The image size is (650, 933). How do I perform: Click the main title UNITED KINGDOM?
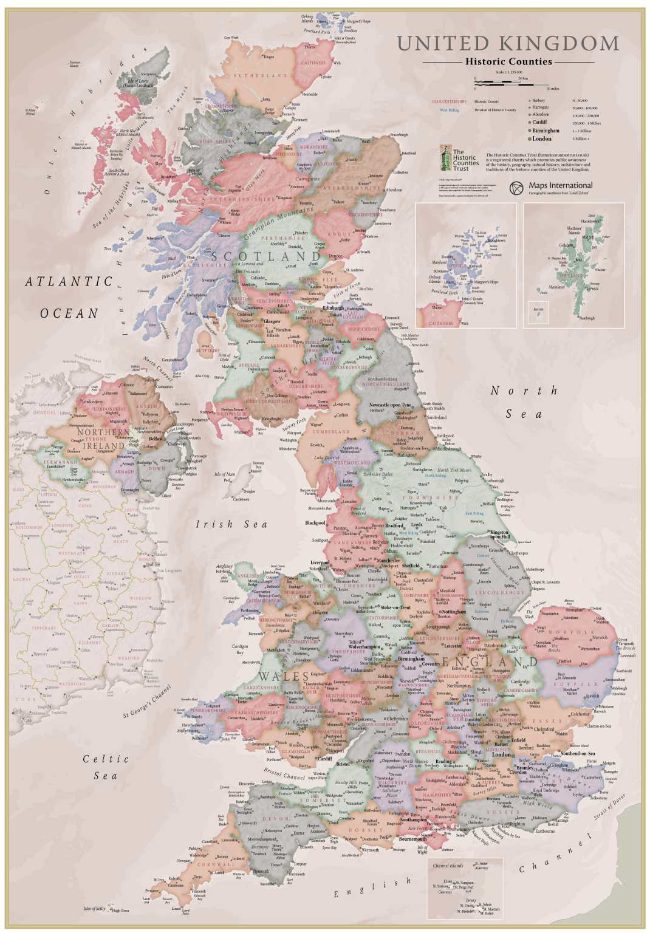[508, 44]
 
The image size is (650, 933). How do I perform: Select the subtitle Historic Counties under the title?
[508, 61]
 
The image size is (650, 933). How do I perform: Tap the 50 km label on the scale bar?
[523, 78]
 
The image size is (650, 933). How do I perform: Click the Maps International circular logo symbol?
[516, 188]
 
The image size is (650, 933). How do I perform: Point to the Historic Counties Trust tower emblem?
[445, 159]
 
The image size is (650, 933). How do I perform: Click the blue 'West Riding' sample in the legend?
[450, 110]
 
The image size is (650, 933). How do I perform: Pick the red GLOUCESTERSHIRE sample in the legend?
[450, 101]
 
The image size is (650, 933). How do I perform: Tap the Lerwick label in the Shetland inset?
[592, 289]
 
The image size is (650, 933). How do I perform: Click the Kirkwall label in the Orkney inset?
[475, 266]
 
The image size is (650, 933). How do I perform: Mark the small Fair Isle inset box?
[538, 310]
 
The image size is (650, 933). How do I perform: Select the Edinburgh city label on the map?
[333, 308]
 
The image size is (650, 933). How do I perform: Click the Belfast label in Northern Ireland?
[156, 439]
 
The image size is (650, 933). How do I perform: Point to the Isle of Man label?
[225, 474]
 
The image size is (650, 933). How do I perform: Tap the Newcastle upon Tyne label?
[390, 405]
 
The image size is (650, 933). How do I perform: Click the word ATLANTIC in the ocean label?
[69, 282]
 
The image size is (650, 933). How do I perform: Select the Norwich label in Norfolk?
[600, 638]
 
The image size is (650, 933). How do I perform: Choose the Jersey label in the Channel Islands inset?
[471, 900]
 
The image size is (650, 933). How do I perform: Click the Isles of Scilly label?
[94, 909]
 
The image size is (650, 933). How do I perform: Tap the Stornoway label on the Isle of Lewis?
[148, 75]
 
